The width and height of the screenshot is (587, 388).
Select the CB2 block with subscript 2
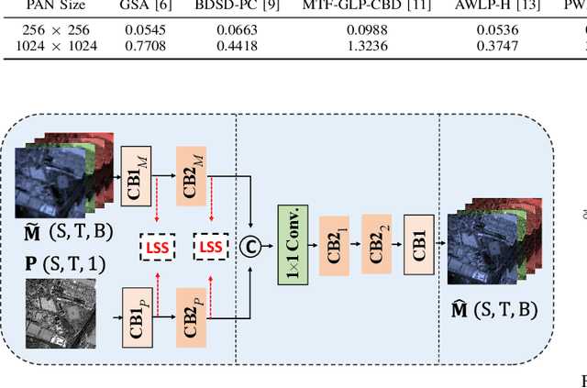coord(375,243)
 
